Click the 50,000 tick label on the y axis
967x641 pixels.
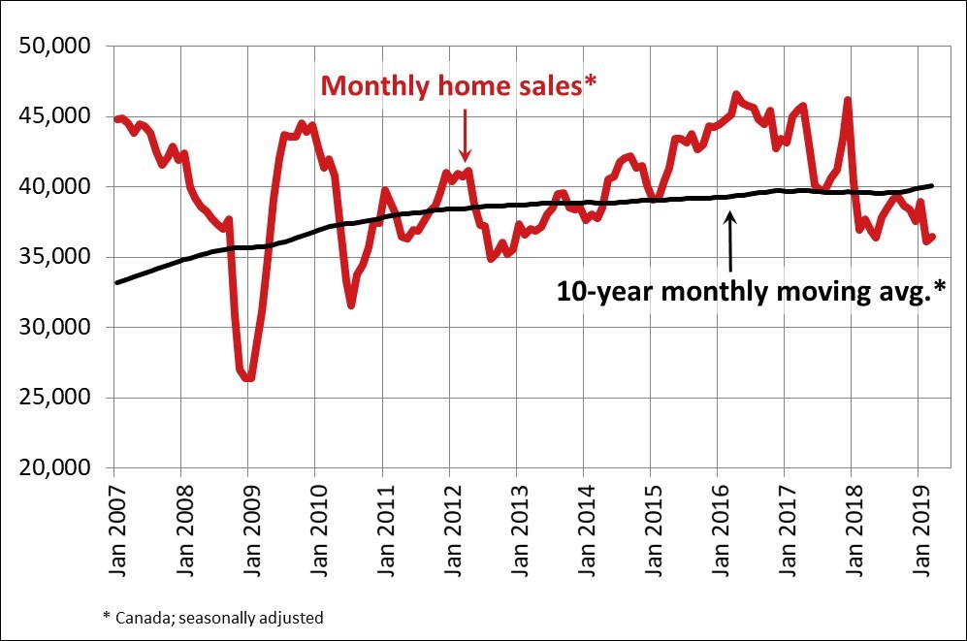[x=56, y=47]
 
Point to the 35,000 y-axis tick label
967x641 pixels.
[x=56, y=257]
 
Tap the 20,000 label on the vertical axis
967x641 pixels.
[x=56, y=468]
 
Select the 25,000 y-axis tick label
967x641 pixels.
[x=56, y=398]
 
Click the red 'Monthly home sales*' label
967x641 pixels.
[x=458, y=86]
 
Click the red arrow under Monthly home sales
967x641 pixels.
[x=465, y=136]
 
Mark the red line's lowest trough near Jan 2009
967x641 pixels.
[x=249, y=377]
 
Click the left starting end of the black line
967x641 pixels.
[x=116, y=282]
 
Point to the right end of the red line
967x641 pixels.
[x=932, y=237]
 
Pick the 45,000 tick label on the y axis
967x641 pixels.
[x=56, y=116]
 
